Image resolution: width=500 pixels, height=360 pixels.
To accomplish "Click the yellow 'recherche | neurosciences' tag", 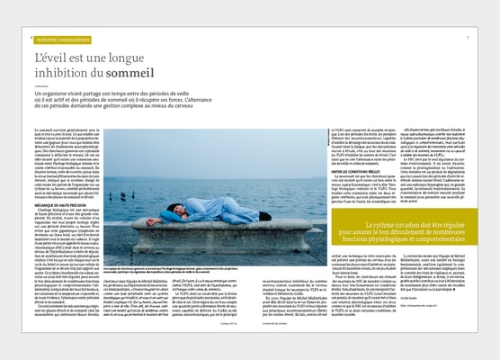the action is pos(62,39).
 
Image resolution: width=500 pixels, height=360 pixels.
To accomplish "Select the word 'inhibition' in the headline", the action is pos(64,72).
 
